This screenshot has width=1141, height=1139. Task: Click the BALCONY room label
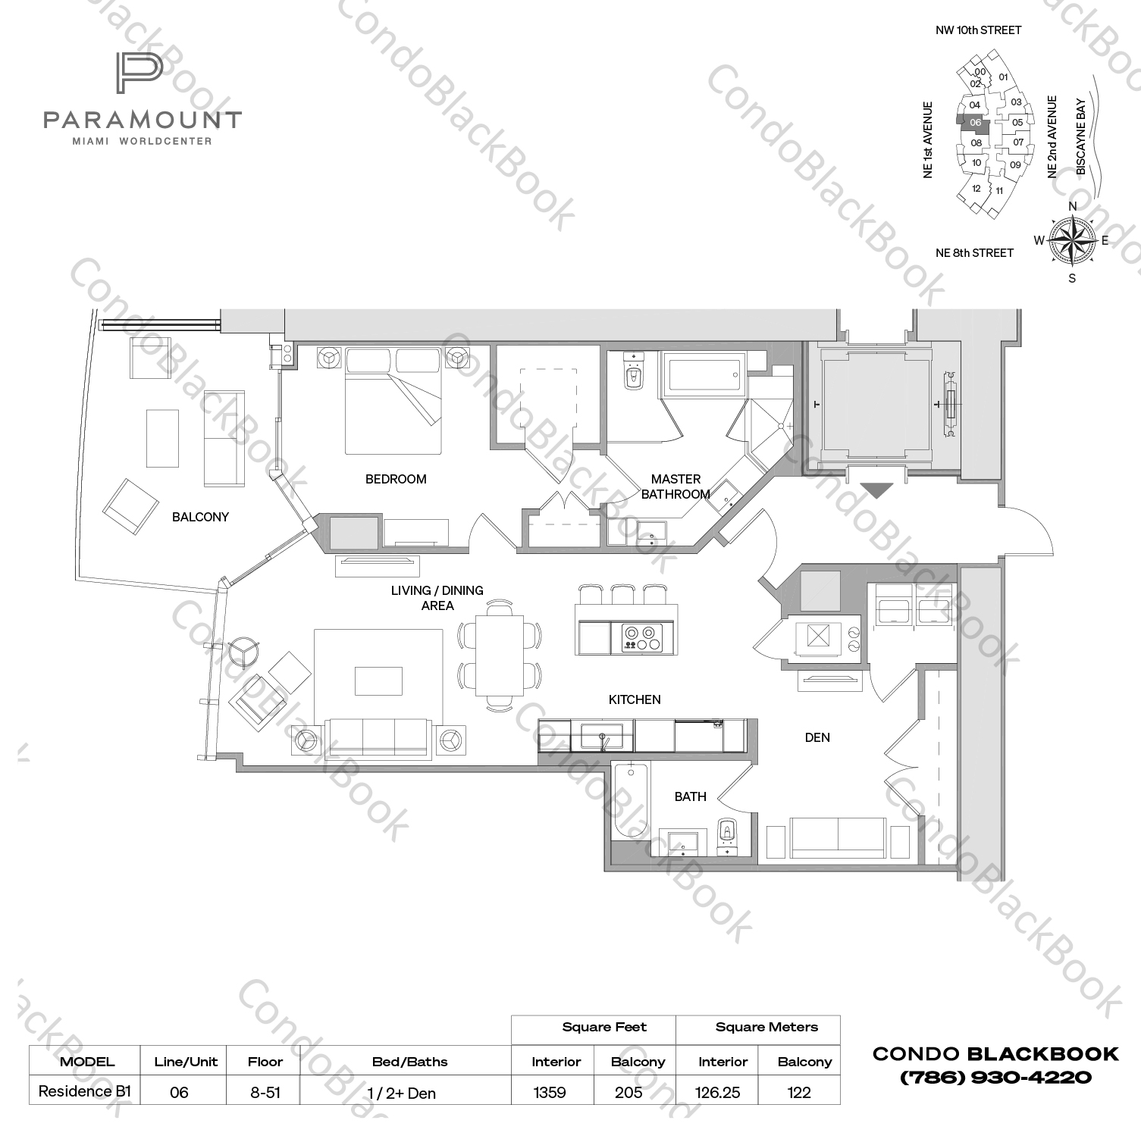tap(200, 517)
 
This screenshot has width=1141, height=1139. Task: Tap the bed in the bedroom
tap(393, 402)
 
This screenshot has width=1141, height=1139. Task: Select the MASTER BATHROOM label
tap(675, 487)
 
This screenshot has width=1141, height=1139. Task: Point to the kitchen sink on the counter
tap(602, 735)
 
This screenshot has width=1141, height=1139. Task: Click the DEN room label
tap(817, 737)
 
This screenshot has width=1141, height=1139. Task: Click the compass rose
tap(1071, 241)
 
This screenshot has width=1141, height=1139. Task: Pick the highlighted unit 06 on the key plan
tap(975, 123)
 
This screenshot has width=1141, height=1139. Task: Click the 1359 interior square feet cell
tap(550, 1092)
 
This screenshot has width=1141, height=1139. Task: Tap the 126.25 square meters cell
tap(718, 1092)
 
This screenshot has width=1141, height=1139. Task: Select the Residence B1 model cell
tap(85, 1091)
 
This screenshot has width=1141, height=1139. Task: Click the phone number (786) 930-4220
tap(995, 1077)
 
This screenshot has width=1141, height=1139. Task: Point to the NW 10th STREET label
tap(978, 30)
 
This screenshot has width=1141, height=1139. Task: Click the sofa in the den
tap(838, 835)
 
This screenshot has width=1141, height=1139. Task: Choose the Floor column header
tap(265, 1062)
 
